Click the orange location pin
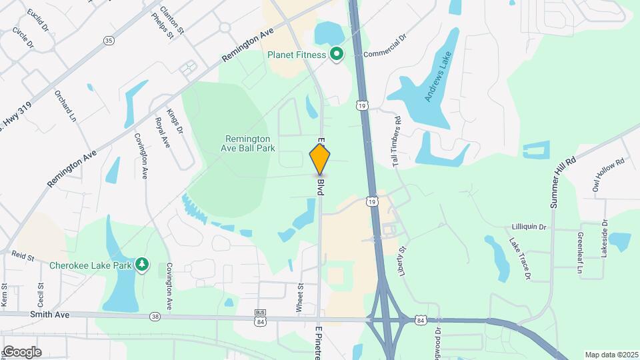coord(320,159)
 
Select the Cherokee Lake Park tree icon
coord(141,265)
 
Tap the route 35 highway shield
coord(109,41)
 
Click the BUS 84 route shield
coord(261,317)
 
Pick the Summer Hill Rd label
coord(562,183)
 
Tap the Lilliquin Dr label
coord(529,227)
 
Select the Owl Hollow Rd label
coord(609,175)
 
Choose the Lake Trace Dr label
coord(520,258)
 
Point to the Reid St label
coord(23,255)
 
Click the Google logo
coord(21,351)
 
